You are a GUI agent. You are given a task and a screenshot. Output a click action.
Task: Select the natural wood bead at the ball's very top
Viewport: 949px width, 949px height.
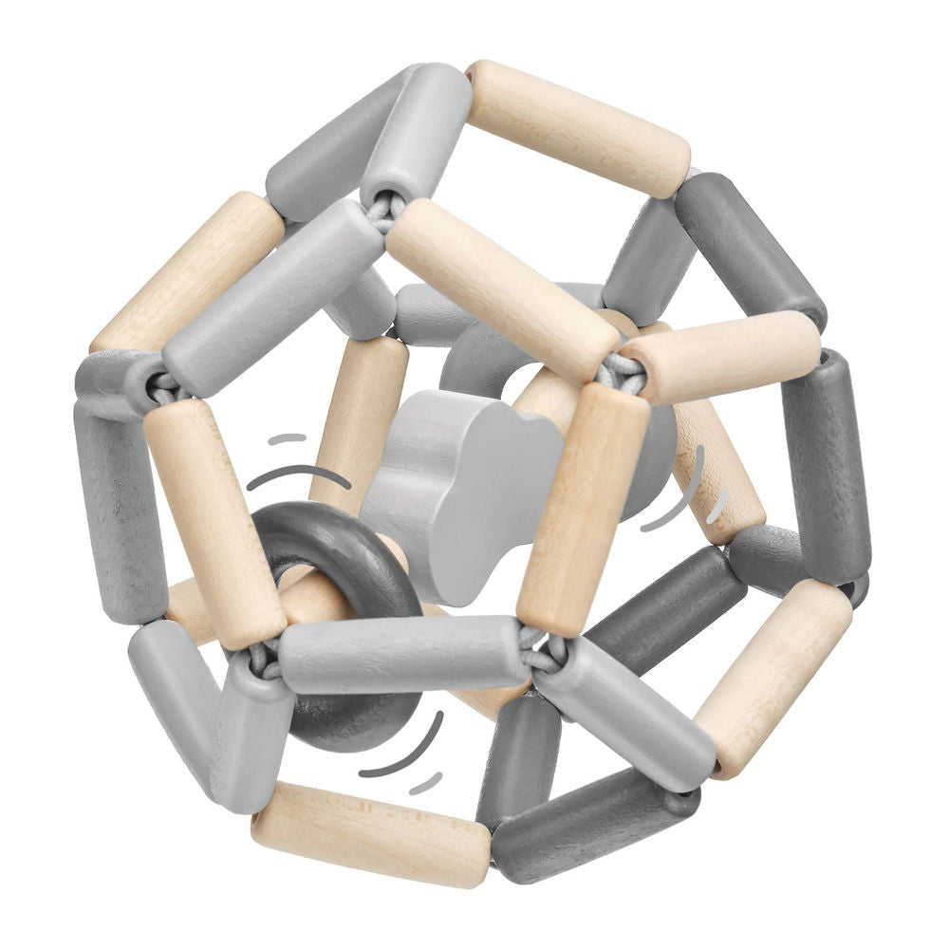(x=578, y=127)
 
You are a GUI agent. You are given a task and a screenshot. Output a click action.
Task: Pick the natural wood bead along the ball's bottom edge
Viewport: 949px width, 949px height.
(x=370, y=834)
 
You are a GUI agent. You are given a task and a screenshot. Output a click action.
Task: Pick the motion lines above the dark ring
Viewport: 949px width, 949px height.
(x=294, y=465)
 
